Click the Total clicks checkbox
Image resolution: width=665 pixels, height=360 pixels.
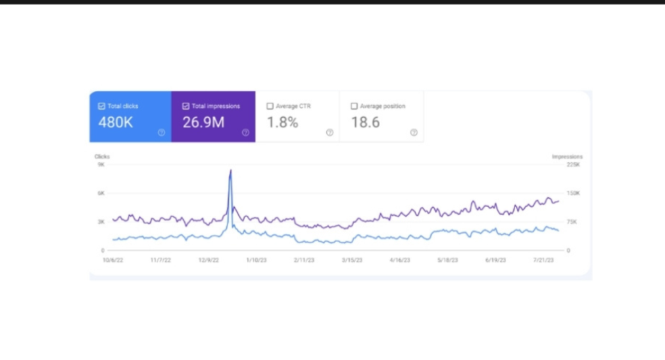(x=101, y=106)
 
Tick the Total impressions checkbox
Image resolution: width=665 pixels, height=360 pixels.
(x=186, y=106)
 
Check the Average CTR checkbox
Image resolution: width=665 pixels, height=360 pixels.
(x=270, y=106)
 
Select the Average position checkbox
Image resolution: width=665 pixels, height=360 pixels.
(x=354, y=106)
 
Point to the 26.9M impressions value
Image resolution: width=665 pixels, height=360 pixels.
(x=203, y=122)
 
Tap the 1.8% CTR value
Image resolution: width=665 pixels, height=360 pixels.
(x=282, y=122)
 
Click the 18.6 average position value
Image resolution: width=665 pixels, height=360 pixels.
(x=366, y=122)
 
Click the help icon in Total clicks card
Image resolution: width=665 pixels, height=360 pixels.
(x=162, y=132)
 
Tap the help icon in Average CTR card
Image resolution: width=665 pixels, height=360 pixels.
(x=330, y=132)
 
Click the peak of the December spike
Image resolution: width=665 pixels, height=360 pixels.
(x=231, y=170)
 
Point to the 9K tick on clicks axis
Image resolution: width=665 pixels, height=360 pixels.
(x=101, y=164)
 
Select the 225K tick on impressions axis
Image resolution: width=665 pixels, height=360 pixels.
(x=573, y=164)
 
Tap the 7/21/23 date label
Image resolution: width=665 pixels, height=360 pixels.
(x=544, y=259)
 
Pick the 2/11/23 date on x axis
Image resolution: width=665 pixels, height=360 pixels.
(x=304, y=259)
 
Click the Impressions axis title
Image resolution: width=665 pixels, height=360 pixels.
(x=567, y=157)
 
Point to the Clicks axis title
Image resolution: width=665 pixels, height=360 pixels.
(x=102, y=157)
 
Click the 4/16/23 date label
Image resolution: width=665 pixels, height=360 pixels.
(x=400, y=259)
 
